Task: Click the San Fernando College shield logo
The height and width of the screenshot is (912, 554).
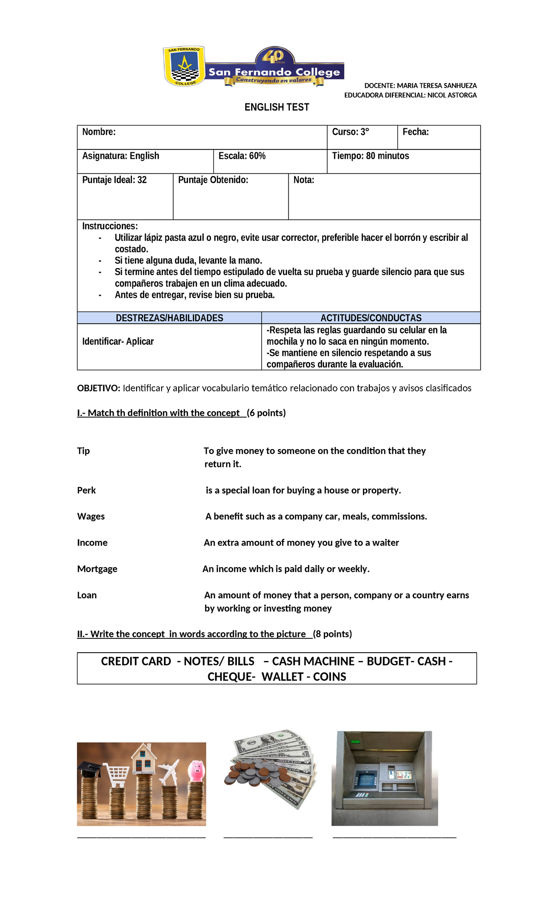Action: [x=184, y=66]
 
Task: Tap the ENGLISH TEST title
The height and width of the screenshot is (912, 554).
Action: [x=277, y=107]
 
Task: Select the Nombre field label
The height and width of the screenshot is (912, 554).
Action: [x=99, y=132]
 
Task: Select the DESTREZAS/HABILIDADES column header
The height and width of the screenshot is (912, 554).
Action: [x=169, y=318]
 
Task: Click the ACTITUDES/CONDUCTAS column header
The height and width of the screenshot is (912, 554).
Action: [x=371, y=318]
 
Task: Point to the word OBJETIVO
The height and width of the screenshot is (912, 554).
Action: [x=98, y=388]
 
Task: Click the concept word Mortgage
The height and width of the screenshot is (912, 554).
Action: [x=97, y=569]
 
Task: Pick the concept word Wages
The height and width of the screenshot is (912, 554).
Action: [x=91, y=516]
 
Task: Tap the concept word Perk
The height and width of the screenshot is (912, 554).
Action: [x=86, y=491]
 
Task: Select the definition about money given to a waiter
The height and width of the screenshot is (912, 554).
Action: [x=301, y=543]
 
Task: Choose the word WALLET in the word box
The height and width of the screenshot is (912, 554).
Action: [x=282, y=677]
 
